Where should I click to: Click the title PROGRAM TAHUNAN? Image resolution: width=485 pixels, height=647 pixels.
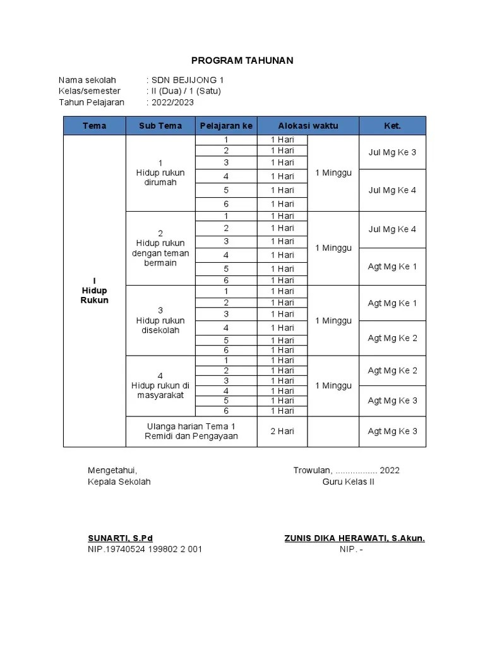click(x=242, y=60)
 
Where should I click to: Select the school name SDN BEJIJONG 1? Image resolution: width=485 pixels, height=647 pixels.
click(x=187, y=80)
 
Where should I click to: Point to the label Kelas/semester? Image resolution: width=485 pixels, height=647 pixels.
click(x=89, y=91)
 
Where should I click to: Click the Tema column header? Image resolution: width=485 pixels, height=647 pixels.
click(x=95, y=126)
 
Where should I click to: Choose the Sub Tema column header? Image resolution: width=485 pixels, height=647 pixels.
click(x=160, y=126)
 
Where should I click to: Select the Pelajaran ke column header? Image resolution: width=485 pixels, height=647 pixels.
click(x=226, y=126)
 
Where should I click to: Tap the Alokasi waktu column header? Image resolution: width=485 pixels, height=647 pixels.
click(x=308, y=126)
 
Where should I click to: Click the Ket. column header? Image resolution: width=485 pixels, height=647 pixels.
click(x=392, y=126)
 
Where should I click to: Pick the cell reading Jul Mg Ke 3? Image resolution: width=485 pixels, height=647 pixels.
click(x=392, y=152)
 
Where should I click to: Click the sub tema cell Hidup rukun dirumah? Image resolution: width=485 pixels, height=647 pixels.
click(x=160, y=172)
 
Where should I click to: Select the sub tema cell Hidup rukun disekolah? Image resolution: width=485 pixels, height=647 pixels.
click(x=160, y=320)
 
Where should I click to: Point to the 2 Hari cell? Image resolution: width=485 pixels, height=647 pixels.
click(x=282, y=431)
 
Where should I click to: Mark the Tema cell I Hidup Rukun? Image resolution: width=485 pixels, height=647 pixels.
click(x=95, y=291)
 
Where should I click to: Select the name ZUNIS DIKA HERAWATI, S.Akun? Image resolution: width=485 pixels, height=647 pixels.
click(x=354, y=538)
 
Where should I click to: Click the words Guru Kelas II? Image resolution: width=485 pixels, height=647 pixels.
click(x=348, y=481)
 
